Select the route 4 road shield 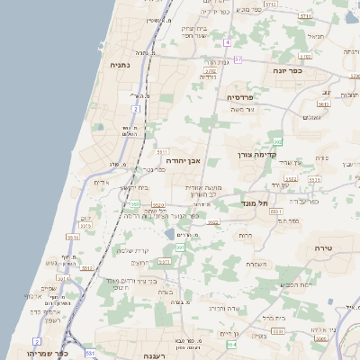(229, 41)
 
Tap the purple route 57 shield (238, 59)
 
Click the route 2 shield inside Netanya (136, 108)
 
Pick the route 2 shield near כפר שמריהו (37, 342)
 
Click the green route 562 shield (277, 140)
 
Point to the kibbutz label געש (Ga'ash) (50, 264)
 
